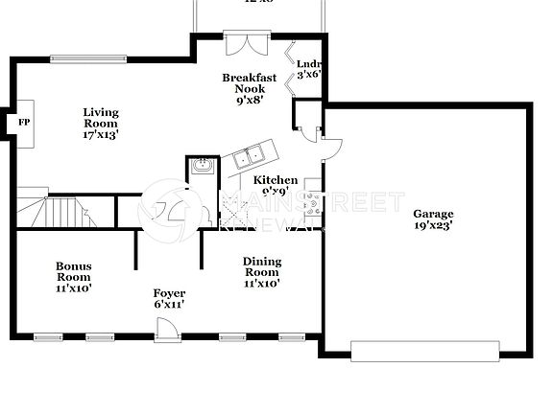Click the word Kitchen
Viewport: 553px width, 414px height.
pos(275,179)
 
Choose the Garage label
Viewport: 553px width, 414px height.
pos(433,214)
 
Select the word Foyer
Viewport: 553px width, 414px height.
pos(169,292)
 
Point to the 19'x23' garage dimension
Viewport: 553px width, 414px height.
pos(433,226)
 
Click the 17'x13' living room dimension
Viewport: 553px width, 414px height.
pos(100,135)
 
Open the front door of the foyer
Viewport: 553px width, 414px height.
pos(166,329)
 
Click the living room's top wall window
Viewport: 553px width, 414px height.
pos(87,57)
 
